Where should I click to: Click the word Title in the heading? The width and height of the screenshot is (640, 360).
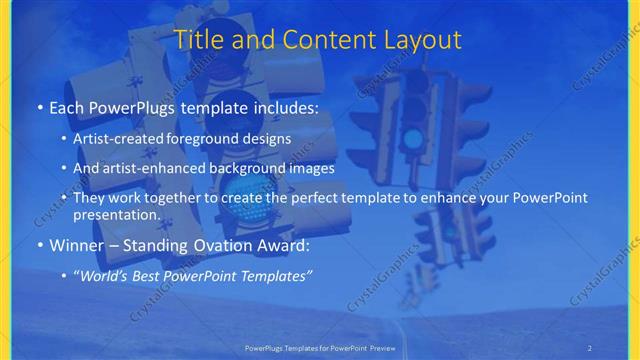click(x=200, y=40)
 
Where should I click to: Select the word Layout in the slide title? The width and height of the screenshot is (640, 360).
click(x=422, y=40)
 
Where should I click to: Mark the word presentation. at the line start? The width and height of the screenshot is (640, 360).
click(x=117, y=214)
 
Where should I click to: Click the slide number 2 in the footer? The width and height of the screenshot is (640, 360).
click(x=590, y=347)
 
